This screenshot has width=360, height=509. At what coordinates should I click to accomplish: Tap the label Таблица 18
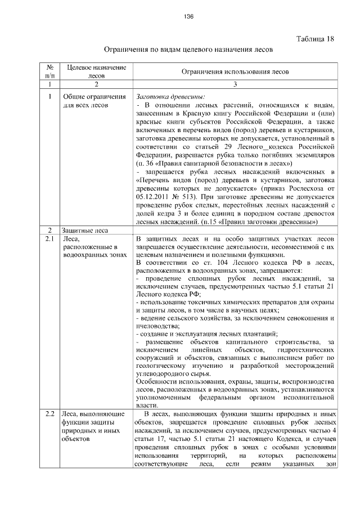coord(315,39)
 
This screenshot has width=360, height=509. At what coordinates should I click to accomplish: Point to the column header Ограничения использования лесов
coord(236,72)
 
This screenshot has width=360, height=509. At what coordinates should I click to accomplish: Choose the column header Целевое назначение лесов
coord(96,71)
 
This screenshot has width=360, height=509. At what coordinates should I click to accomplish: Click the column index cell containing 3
coord(236,84)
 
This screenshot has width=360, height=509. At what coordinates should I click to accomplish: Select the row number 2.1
coord(49,240)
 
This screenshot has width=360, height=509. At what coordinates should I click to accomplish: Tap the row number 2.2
coord(49,414)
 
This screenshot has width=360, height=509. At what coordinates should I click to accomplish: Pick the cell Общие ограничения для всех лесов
coord(89,100)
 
